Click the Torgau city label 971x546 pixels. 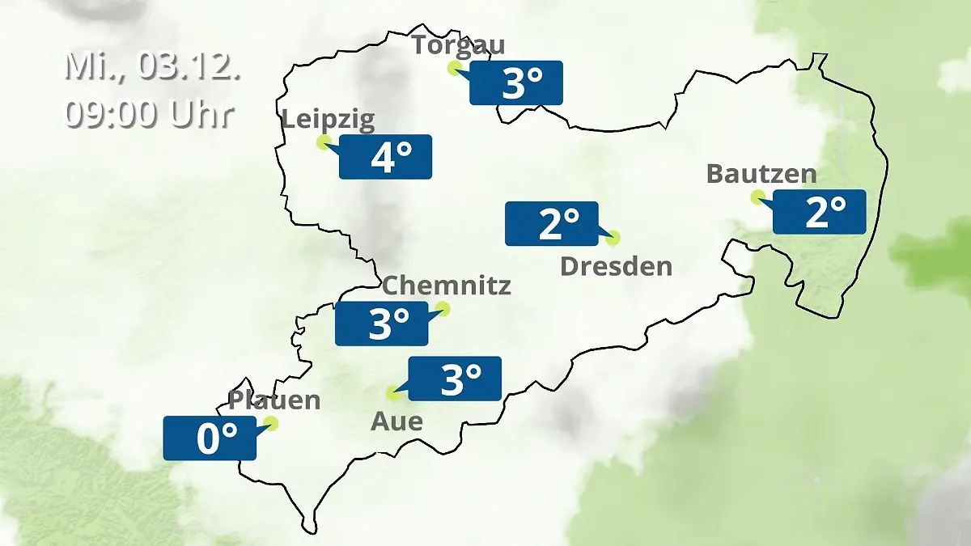point(458,44)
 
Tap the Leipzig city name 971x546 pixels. point(329,120)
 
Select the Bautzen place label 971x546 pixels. point(761,173)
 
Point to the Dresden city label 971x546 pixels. point(616,265)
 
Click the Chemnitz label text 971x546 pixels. point(446,285)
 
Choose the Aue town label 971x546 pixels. point(396,421)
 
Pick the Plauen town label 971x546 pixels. point(274,400)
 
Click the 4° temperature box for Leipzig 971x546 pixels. point(386,157)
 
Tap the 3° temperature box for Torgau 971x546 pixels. point(516,83)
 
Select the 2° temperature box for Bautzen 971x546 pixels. point(820,212)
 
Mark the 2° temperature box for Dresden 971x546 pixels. point(552,223)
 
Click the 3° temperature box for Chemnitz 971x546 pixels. point(382,324)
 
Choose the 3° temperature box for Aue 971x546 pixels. point(455,379)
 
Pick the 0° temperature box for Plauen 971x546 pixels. point(210,438)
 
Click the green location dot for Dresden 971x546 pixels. point(613,238)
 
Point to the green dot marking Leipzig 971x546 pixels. point(324,142)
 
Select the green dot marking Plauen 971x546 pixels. point(271,423)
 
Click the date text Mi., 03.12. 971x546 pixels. point(152,66)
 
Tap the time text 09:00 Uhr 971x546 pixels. point(150,114)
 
